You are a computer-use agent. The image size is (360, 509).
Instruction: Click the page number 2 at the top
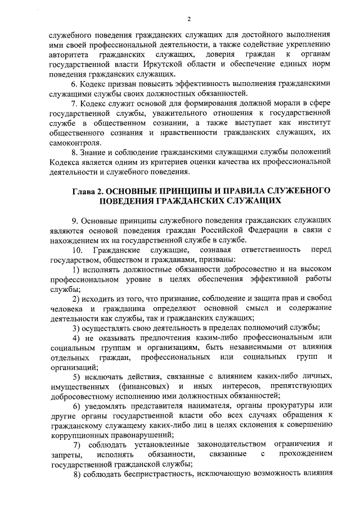coord(189,18)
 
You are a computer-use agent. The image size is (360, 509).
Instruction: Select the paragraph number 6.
coord(74,84)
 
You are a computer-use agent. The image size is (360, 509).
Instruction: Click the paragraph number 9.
coord(74,221)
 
